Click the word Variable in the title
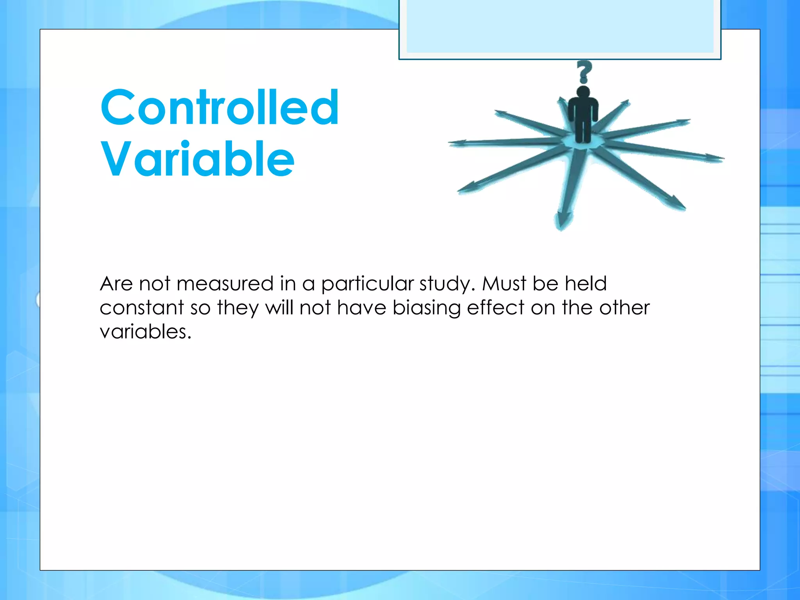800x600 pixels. pyautogui.click(x=198, y=159)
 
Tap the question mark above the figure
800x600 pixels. pyautogui.click(x=584, y=72)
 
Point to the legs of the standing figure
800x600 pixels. pyautogui.click(x=583, y=131)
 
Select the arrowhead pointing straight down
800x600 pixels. pyautogui.click(x=562, y=221)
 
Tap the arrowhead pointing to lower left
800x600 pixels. pyautogui.click(x=467, y=189)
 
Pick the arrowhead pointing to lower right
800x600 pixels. pyautogui.click(x=676, y=203)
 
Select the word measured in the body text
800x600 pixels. pyautogui.click(x=225, y=284)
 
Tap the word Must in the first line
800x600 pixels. pyautogui.click(x=504, y=284)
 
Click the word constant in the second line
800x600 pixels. pyautogui.click(x=141, y=308)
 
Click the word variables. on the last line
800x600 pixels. pyautogui.click(x=145, y=332)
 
